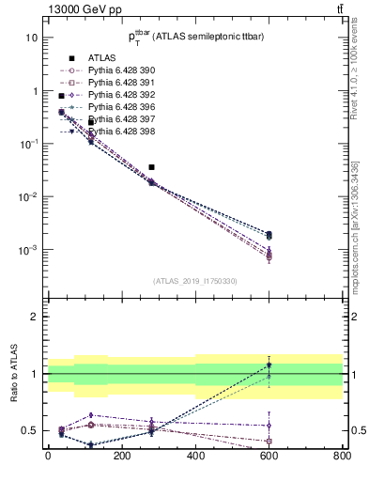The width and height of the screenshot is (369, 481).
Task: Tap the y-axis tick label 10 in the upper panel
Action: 31,38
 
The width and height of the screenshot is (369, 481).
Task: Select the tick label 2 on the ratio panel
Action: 35,318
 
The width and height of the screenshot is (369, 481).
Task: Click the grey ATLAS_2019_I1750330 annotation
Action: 194,281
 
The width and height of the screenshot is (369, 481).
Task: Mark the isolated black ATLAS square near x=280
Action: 151,167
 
